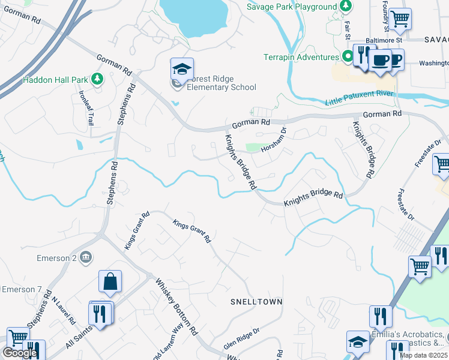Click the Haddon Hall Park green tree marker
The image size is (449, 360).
click(97, 79)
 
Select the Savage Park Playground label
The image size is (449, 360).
click(292, 7)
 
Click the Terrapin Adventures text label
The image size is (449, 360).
click(301, 58)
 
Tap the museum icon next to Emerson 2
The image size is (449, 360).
click(85, 257)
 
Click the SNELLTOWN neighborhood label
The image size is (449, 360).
click(256, 301)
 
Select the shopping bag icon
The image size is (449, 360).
click(110, 281)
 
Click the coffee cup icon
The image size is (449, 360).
click(380, 59)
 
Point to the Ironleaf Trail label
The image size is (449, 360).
click(86, 108)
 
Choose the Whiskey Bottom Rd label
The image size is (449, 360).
click(176, 307)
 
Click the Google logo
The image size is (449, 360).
click(20, 353)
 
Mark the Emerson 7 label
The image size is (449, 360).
click(21, 289)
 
